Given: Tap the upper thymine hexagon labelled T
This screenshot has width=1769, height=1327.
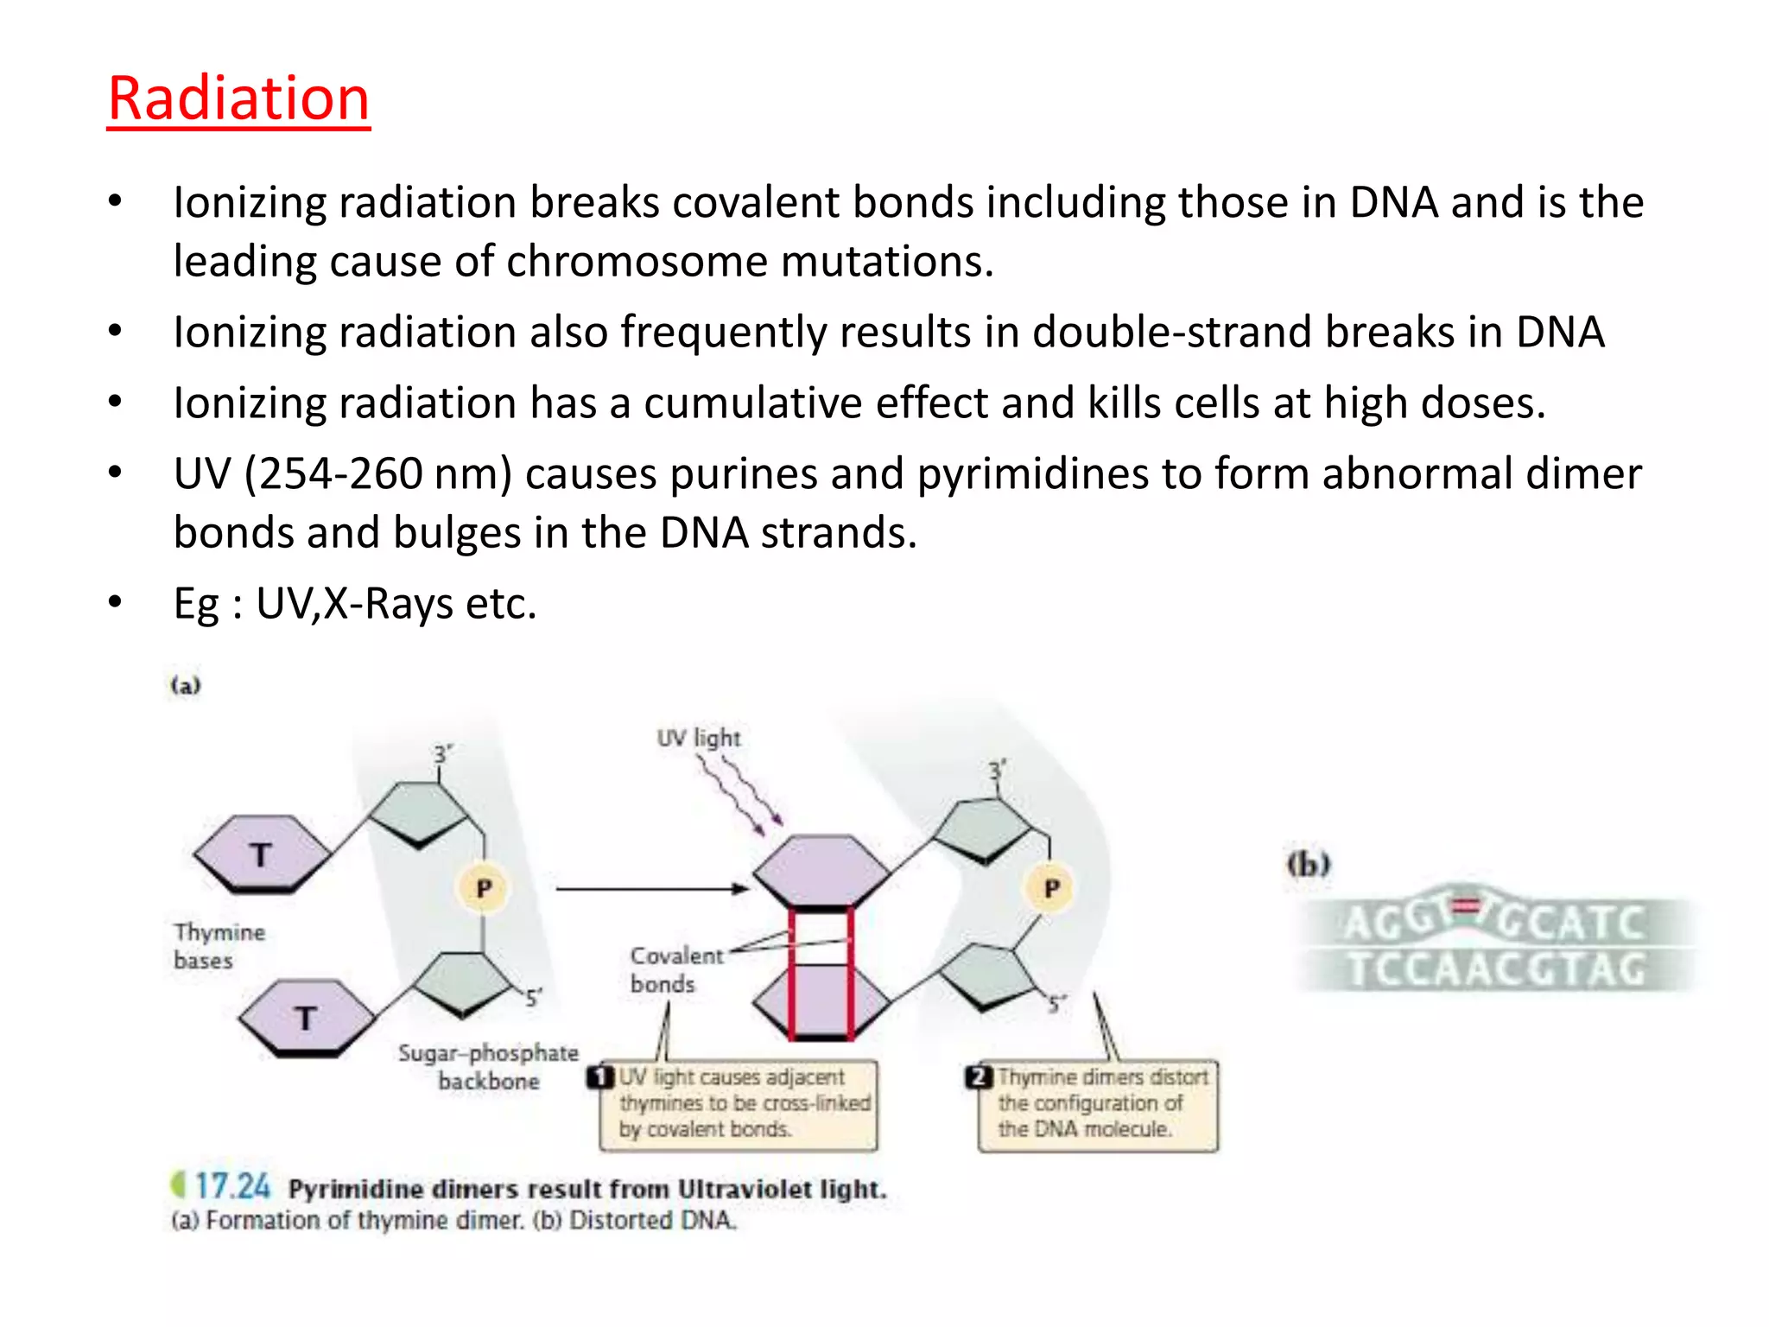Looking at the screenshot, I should [x=261, y=854].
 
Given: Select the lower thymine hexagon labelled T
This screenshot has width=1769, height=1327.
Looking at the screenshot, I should [x=306, y=1018].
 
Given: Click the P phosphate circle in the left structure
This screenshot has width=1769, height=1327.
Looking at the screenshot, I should [x=484, y=888].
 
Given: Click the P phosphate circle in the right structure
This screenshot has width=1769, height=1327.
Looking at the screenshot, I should [x=1051, y=888].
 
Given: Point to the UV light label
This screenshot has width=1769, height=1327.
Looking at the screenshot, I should [x=698, y=739].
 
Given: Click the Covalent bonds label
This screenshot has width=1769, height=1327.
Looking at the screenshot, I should [x=675, y=969].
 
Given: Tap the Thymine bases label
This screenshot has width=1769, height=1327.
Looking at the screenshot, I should [x=219, y=946].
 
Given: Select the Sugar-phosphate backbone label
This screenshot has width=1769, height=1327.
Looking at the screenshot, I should [x=488, y=1067].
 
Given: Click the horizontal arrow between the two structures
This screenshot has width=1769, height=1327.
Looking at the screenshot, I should [x=651, y=888].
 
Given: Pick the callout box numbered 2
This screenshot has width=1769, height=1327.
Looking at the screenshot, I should [x=1097, y=1104].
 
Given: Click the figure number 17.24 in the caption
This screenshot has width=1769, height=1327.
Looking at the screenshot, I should [x=231, y=1187].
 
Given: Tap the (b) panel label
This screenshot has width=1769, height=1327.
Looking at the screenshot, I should [x=1309, y=864].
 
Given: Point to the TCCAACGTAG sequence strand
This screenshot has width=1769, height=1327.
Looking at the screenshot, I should [x=1497, y=969].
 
